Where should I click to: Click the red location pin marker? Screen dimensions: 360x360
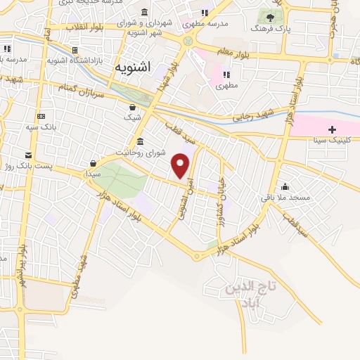pyautogui.click(x=181, y=166)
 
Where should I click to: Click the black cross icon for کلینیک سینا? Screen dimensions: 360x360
pyautogui.click(x=333, y=130)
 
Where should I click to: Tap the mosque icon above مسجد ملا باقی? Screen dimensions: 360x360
pyautogui.click(x=285, y=187)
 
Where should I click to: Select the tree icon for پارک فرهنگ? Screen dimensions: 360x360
pyautogui.click(x=269, y=15)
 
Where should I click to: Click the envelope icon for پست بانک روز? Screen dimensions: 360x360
pyautogui.click(x=28, y=155)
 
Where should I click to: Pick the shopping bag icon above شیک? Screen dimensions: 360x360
pyautogui.click(x=132, y=107)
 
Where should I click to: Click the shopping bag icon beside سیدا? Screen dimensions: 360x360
pyautogui.click(x=93, y=163)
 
